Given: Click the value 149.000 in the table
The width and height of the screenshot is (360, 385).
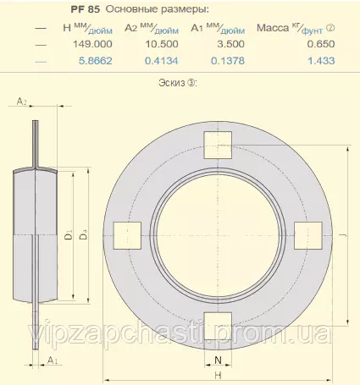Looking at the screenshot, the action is click(92, 44).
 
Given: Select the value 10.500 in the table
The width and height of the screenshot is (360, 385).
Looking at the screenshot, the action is click(162, 44).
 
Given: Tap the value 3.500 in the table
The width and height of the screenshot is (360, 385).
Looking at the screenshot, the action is click(230, 44).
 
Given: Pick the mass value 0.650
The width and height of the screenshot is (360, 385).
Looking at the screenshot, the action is click(321, 44).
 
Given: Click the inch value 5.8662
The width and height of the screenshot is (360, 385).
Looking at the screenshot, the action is click(96, 61).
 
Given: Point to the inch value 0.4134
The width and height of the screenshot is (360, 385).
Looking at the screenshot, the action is click(162, 61).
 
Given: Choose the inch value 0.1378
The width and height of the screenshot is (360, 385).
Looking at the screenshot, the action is click(228, 61).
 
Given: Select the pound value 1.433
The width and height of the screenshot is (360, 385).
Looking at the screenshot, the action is click(321, 61).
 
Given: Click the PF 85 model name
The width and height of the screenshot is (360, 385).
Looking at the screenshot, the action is click(86, 9).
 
